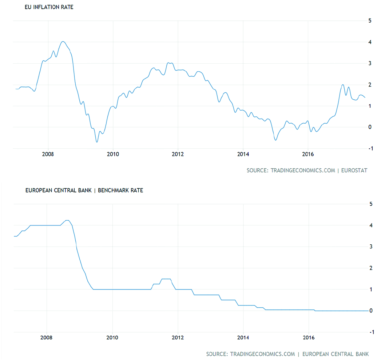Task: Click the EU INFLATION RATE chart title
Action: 49,7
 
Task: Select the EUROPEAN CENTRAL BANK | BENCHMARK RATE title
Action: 84,190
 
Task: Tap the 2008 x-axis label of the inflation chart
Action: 48,154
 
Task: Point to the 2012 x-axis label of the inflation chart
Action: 178,154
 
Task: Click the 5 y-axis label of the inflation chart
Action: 370,21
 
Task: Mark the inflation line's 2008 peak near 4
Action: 63,41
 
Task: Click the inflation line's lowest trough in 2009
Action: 97,142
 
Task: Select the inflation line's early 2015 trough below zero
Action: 275,140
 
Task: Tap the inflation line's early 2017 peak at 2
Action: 343,85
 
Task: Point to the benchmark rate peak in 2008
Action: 67,220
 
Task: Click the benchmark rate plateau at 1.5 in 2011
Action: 166,279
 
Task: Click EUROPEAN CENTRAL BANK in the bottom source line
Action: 336,354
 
